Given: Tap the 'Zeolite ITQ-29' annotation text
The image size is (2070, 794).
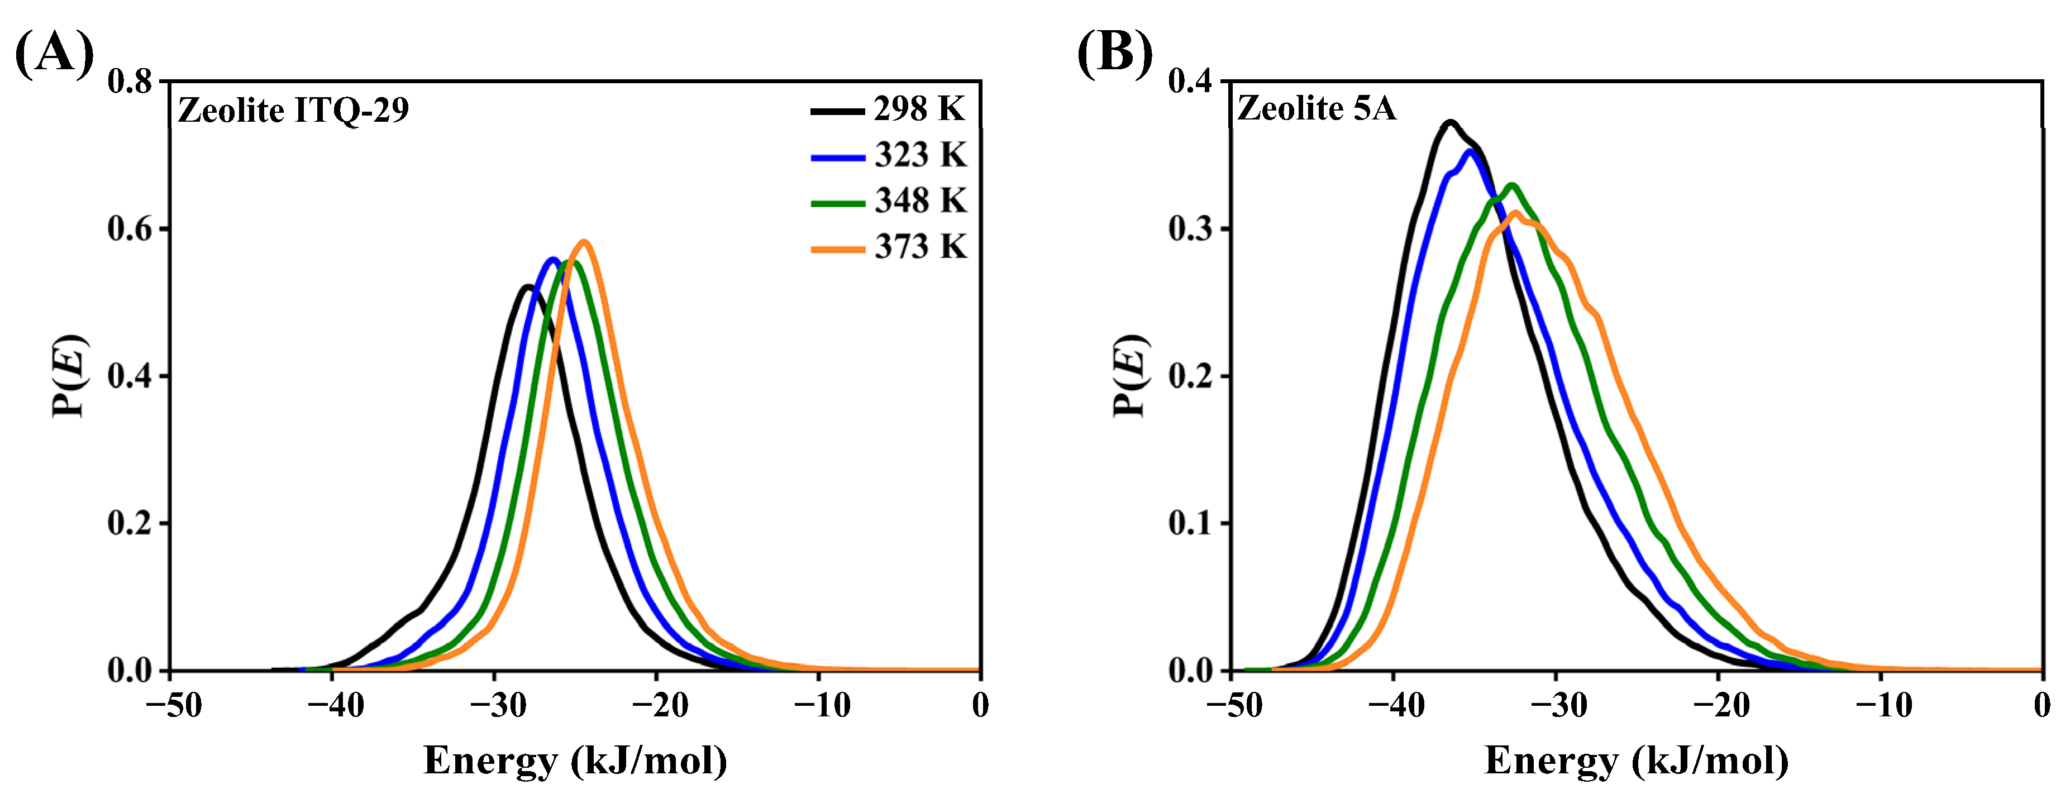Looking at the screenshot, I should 293,110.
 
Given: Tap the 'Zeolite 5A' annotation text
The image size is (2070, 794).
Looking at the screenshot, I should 1317,108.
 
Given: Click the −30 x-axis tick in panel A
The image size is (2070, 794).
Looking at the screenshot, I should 498,706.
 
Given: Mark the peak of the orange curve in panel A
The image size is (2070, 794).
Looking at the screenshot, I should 584,241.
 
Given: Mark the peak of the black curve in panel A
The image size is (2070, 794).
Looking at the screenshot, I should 527,286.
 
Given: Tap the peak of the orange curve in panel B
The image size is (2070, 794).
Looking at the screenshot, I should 1515,213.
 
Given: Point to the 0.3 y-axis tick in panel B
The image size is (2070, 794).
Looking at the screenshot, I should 1192,229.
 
